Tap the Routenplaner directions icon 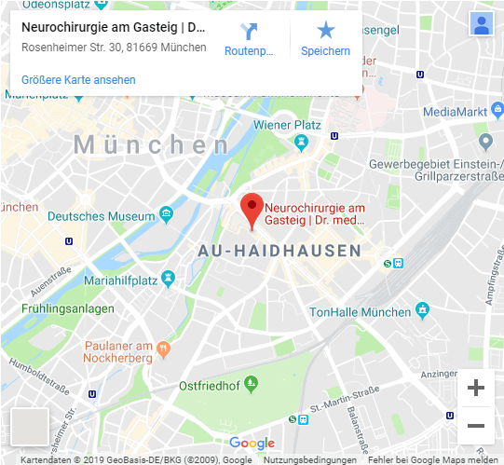pyautogui.click(x=249, y=31)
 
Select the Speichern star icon pyautogui.click(x=325, y=31)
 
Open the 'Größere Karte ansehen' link pyautogui.click(x=78, y=80)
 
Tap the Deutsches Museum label pyautogui.click(x=101, y=216)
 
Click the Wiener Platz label pyautogui.click(x=286, y=125)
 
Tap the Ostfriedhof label pyautogui.click(x=210, y=386)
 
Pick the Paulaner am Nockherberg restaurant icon pyautogui.click(x=164, y=349)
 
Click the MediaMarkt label pyautogui.click(x=455, y=113)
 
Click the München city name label pyautogui.click(x=152, y=145)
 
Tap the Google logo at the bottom pyautogui.click(x=252, y=444)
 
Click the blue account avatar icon pyautogui.click(x=482, y=24)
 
